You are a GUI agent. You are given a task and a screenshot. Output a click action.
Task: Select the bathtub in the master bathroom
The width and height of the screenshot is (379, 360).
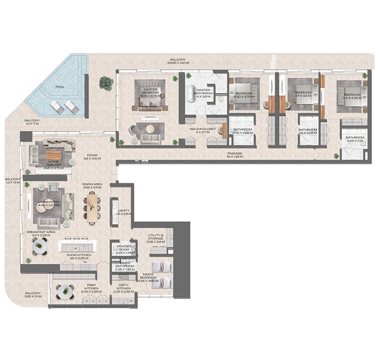191,96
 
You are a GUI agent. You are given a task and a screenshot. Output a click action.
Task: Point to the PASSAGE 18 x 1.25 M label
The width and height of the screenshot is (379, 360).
234,155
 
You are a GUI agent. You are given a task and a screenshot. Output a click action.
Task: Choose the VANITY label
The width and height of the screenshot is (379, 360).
124,212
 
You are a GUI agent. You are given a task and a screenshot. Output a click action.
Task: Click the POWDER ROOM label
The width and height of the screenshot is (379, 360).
122,250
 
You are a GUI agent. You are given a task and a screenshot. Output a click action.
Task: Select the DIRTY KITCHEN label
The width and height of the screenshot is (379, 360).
123,290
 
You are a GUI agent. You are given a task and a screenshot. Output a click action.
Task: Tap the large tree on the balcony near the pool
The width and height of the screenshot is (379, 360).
106,83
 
